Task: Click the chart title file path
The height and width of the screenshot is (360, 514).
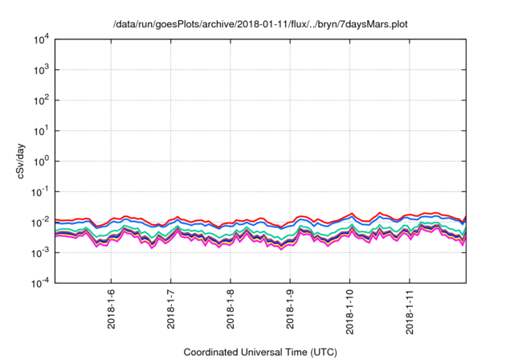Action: [x=261, y=25]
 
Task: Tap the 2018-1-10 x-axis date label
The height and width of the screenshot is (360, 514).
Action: [x=350, y=308]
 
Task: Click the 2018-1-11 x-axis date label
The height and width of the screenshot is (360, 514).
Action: [x=410, y=308]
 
